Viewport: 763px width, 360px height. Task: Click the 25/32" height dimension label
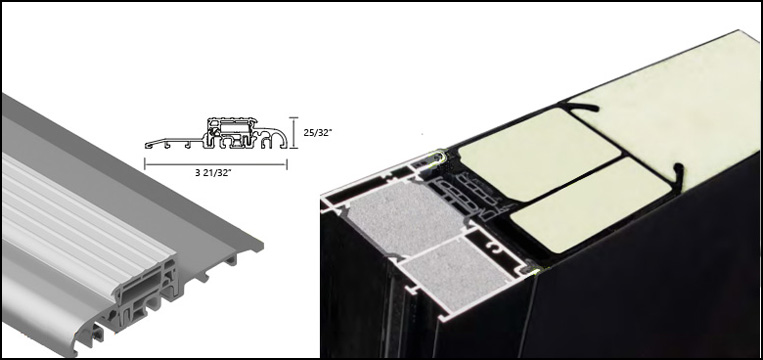(x=317, y=132)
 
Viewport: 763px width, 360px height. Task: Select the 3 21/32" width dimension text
(x=213, y=173)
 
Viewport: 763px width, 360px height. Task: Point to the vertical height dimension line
(x=293, y=133)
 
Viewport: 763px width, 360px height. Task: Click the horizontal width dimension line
(x=216, y=164)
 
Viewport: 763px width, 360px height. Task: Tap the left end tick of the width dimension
(x=145, y=164)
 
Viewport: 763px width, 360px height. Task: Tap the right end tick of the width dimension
(x=287, y=164)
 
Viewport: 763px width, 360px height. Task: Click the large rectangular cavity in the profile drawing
(x=233, y=126)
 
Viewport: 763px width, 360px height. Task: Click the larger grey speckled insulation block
(x=405, y=218)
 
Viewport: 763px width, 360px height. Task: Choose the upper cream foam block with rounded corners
(x=539, y=154)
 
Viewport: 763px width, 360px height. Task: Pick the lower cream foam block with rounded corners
(x=590, y=204)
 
